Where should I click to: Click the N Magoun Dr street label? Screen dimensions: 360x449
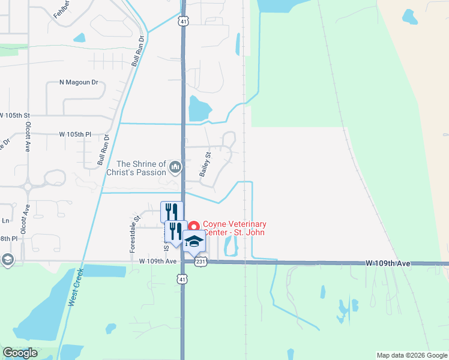(78, 82)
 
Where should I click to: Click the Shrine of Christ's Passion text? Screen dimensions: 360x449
(141, 168)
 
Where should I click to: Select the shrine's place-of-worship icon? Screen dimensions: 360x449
(175, 167)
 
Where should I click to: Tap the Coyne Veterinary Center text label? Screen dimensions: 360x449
(234, 228)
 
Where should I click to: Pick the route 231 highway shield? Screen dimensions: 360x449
(200, 261)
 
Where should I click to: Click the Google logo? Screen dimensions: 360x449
(20, 353)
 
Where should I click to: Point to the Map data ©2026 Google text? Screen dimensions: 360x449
(412, 355)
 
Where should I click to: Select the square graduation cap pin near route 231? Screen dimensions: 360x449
(194, 241)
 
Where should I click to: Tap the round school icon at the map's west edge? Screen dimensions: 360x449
(7, 259)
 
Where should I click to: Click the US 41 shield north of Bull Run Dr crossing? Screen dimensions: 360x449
(182, 21)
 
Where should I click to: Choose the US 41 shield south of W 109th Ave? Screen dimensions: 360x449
(182, 278)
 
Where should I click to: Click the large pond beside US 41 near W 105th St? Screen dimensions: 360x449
(199, 109)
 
